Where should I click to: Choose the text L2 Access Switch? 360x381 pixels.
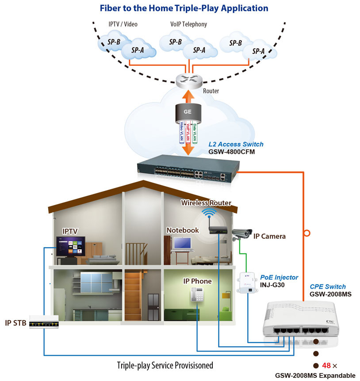236,144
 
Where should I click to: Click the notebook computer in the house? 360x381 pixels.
182,244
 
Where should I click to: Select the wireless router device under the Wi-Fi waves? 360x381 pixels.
218,230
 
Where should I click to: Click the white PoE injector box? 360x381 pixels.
246,283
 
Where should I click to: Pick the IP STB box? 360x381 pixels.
43,321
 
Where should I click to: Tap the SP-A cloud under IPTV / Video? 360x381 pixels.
138,50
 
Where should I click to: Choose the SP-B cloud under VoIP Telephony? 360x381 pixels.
176,42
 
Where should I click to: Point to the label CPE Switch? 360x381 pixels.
328,286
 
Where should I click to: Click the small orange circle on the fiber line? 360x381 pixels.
304,232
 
